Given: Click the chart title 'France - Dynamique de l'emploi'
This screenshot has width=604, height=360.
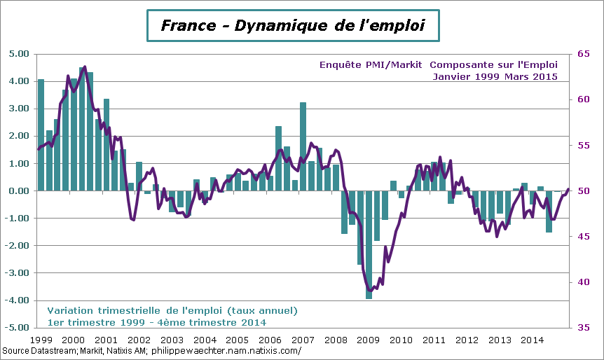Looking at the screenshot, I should click(x=292, y=26).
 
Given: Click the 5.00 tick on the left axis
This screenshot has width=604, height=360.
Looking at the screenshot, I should click(x=19, y=54).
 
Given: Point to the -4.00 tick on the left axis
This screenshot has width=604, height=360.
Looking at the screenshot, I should click(x=18, y=300).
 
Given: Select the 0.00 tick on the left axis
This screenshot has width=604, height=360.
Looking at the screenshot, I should click(x=19, y=191).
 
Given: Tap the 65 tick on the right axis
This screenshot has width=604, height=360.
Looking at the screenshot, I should click(x=582, y=54).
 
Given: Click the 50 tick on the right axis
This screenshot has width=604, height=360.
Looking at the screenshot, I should click(x=582, y=191).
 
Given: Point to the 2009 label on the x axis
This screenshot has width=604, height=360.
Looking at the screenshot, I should click(x=369, y=340).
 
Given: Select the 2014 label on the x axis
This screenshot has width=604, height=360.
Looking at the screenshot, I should click(x=533, y=340).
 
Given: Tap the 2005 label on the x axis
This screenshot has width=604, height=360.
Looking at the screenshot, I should click(x=238, y=340).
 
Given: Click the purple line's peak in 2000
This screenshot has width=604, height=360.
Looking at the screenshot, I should click(x=84, y=67).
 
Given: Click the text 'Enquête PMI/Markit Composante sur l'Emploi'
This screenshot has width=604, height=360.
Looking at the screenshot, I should click(x=438, y=64).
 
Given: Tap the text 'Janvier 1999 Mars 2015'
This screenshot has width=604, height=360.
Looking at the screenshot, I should click(x=495, y=76).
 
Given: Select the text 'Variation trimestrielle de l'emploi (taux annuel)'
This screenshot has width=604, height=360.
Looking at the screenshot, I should click(x=172, y=310).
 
